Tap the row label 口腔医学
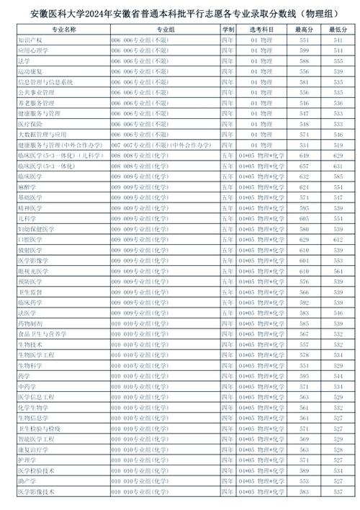pos(29,238)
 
